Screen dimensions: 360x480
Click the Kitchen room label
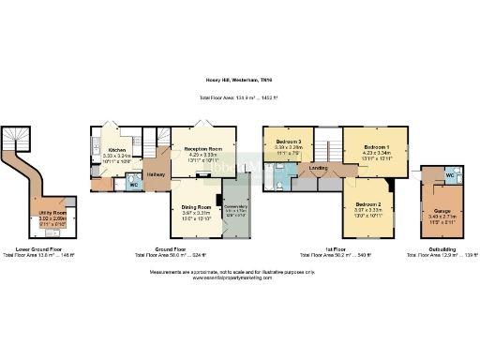point(117,150)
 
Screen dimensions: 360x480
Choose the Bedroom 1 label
point(377,147)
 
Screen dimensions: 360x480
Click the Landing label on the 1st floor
point(318,169)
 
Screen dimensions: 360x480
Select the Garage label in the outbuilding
point(438,212)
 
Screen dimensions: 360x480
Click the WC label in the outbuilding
point(451,175)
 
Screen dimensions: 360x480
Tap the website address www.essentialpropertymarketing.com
point(240,277)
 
